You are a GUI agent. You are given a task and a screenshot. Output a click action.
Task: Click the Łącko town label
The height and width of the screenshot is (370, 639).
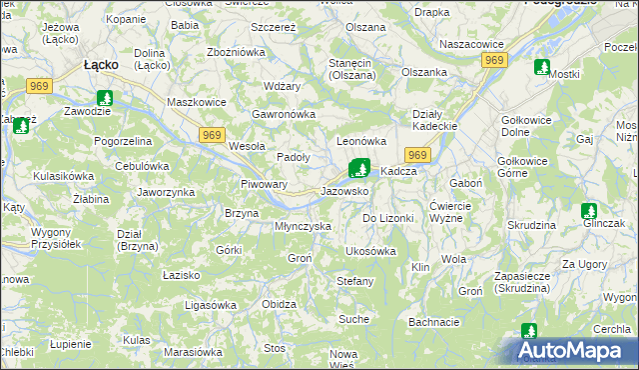coord(101,64)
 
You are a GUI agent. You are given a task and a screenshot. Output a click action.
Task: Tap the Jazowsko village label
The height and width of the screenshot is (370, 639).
coord(344,190)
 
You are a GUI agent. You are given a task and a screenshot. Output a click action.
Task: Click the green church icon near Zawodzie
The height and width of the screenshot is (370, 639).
coord(105,98)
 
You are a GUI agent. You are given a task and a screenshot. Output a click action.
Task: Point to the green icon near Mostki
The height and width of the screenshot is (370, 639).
coord(542,68)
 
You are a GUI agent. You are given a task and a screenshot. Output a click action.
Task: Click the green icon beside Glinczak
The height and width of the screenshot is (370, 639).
coord(588,211)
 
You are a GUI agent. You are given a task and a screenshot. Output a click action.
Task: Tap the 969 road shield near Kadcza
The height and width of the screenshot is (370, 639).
coord(417,155)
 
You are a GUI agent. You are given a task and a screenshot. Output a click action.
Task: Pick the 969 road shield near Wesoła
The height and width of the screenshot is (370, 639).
coord(211,134)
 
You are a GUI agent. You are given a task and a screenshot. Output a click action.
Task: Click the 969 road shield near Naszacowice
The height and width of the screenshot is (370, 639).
coord(493,61)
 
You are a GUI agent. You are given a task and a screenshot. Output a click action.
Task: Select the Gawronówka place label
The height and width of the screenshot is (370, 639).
coord(285,114)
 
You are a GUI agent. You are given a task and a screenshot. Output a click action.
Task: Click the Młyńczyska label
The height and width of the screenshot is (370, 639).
coord(303,226)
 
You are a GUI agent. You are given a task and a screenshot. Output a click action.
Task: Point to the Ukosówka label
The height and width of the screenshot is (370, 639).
coord(370,251)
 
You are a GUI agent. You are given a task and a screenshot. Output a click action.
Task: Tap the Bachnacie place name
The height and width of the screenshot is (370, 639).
coord(434,322)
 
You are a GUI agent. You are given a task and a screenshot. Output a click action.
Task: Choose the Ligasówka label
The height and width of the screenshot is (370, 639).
coord(210,303)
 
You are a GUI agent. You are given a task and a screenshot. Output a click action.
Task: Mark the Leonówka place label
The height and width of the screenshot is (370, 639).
coord(361,142)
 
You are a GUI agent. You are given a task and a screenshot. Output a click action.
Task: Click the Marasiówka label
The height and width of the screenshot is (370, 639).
coord(193,352)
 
